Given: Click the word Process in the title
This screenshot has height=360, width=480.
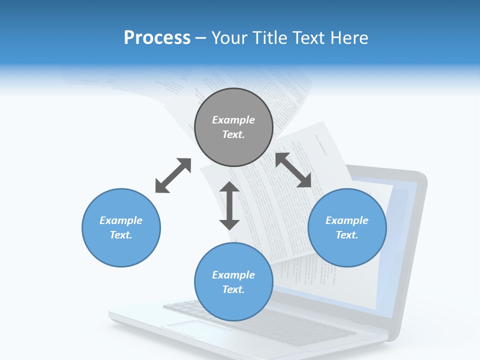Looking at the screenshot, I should [x=157, y=38].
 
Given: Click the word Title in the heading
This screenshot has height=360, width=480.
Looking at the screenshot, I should [x=269, y=38].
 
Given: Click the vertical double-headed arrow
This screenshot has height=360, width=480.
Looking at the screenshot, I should [x=229, y=205].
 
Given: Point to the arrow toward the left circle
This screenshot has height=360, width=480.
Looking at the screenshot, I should [x=173, y=175].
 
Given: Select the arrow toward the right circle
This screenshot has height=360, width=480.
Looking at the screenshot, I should [x=293, y=170].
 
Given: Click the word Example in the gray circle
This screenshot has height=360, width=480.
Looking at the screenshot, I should [x=233, y=120].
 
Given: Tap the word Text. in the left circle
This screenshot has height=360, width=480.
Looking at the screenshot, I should [x=121, y=235].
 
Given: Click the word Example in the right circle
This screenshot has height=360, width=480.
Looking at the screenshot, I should [x=347, y=220].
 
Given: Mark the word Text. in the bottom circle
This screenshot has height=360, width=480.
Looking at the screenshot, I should [x=233, y=289].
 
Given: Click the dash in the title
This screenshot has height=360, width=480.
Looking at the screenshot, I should [x=201, y=38].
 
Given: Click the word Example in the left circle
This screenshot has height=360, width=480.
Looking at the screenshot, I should [x=121, y=220].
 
